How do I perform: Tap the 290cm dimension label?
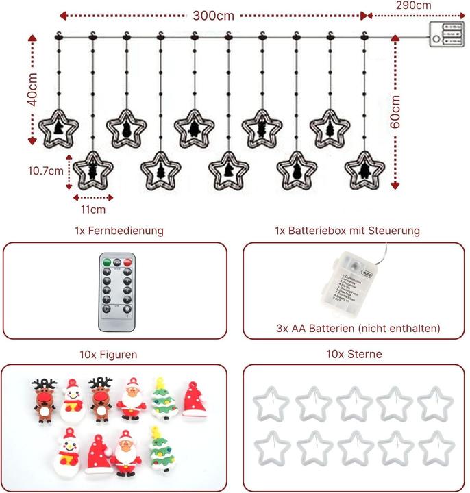click(x=413, y=5)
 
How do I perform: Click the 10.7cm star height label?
click(x=46, y=170)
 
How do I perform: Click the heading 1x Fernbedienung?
click(x=119, y=231)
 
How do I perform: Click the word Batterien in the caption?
click(x=325, y=328)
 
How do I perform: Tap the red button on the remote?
click(x=127, y=262)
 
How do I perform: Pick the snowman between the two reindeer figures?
click(x=71, y=399)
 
